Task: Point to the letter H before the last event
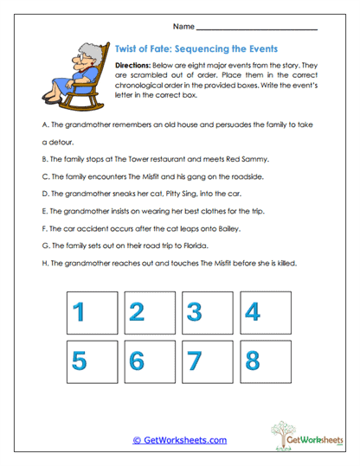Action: coord(43,264)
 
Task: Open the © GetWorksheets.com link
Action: coord(179,440)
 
